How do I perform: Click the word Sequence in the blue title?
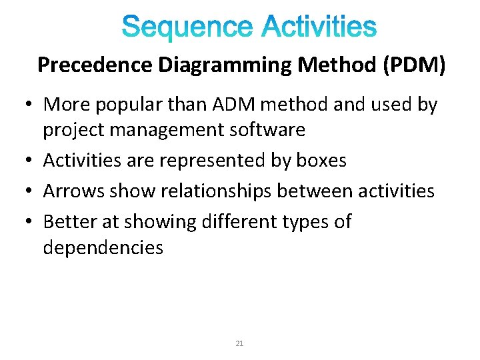(188, 28)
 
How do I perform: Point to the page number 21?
(240, 344)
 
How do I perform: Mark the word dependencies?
(103, 247)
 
